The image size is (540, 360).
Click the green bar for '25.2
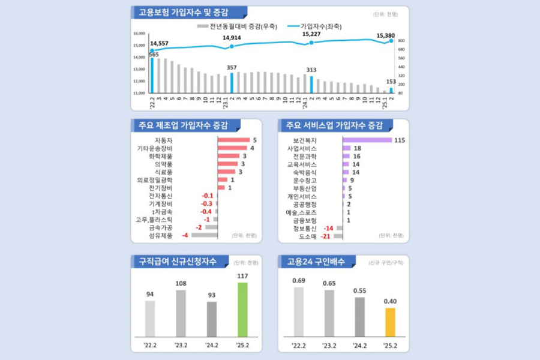pos(242,310)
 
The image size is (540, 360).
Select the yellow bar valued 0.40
pos(390,322)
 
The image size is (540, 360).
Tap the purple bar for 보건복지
pos(367,140)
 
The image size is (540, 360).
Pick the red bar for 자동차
pos(233,140)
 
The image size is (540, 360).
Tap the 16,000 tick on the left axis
pos(139,34)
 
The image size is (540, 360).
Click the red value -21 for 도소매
pos(326,236)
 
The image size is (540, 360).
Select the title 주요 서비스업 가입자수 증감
pos(334,125)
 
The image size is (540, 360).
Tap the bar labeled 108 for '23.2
pos(181,314)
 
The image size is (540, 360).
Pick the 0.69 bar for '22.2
pos(298,312)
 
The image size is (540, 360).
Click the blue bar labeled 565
pos(152,76)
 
